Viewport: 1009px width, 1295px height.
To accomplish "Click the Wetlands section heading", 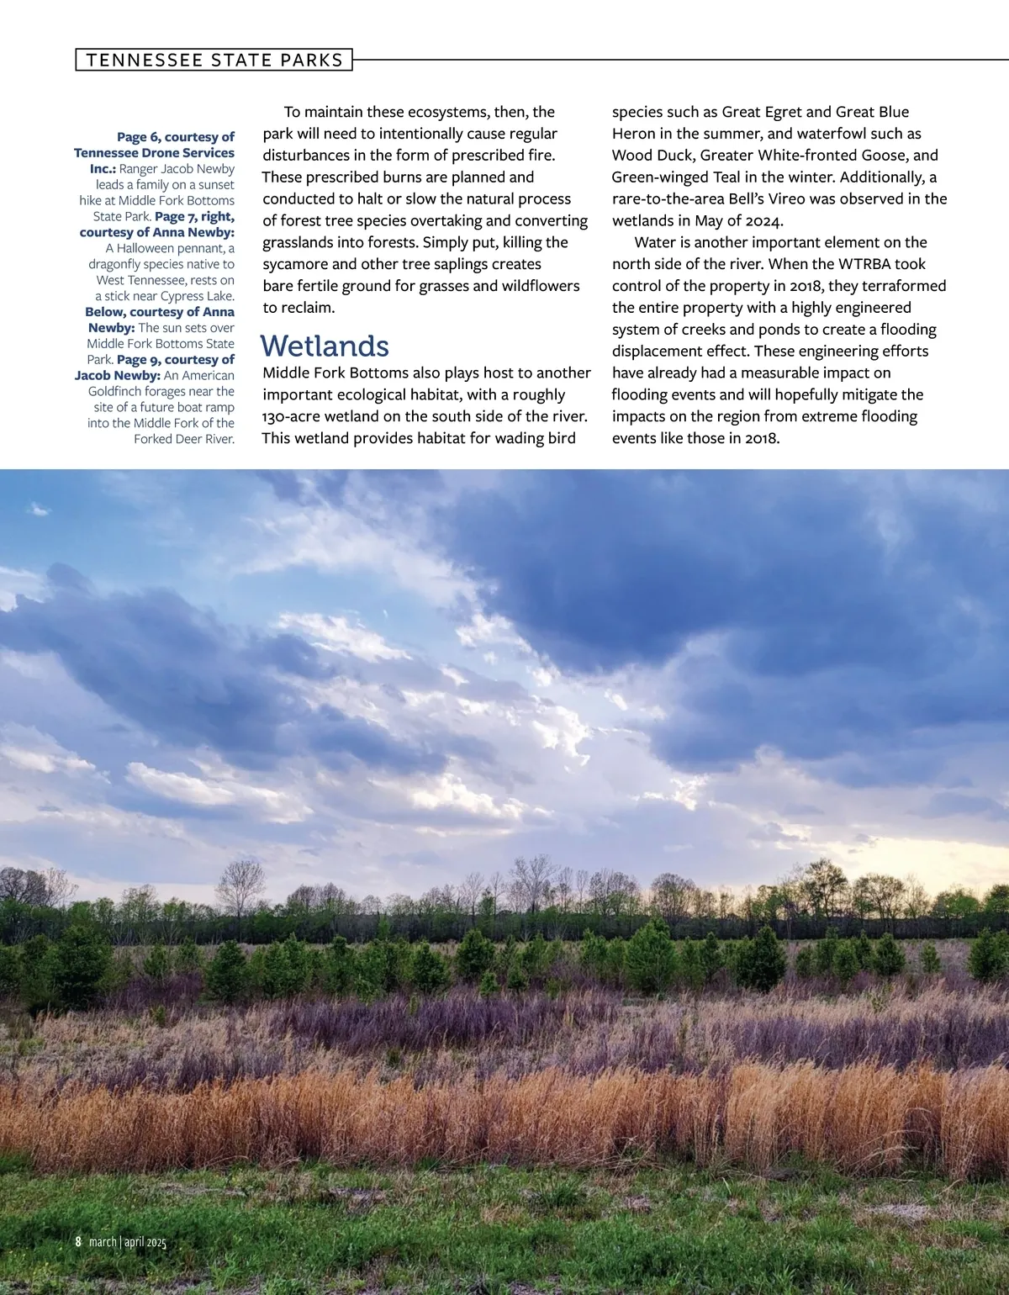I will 325,346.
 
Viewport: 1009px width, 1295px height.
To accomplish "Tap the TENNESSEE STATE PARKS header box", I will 214,60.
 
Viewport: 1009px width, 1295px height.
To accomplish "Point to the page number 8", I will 78,1241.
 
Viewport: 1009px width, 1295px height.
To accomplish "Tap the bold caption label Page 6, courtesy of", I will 175,137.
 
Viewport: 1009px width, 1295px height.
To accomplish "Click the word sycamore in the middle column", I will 295,264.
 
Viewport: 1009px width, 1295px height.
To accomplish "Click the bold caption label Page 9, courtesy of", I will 175,360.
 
